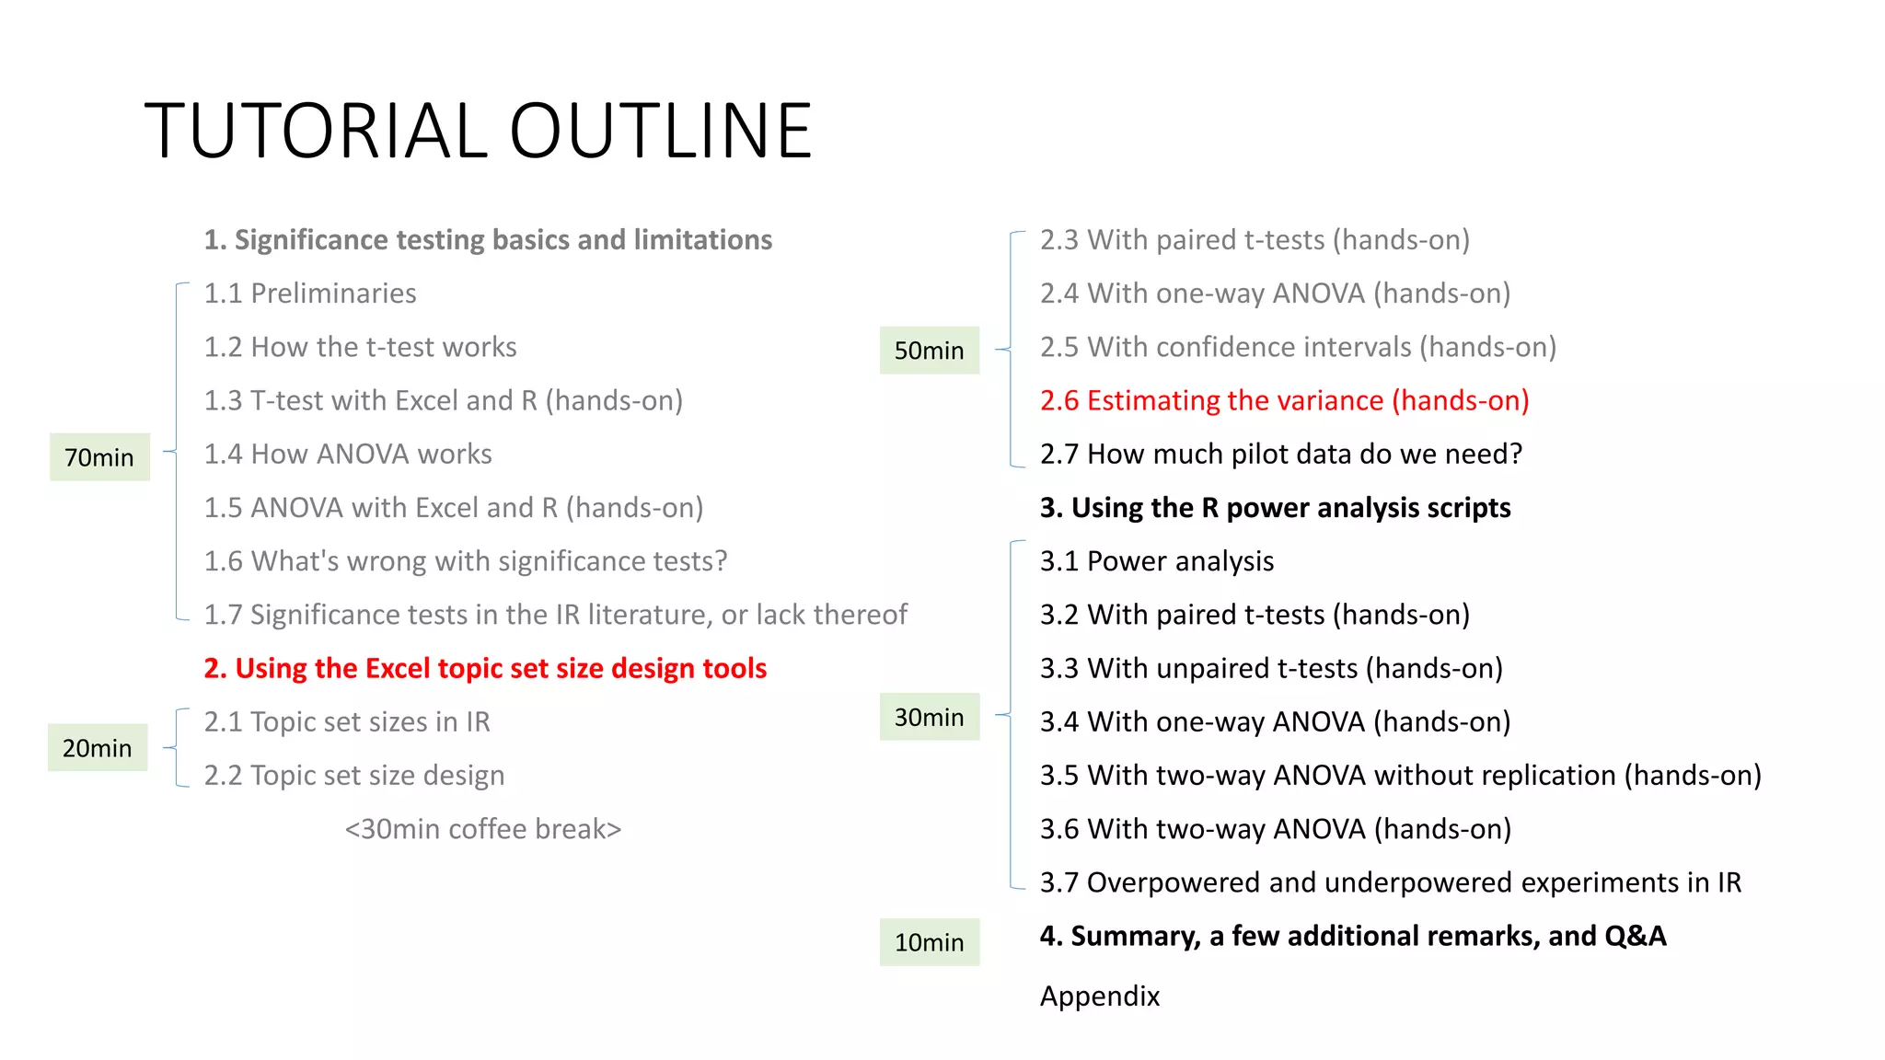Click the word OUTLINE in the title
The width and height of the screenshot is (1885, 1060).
point(660,131)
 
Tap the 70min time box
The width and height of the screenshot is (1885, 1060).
point(99,457)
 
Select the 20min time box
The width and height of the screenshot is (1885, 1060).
point(98,748)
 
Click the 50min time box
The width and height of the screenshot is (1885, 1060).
point(929,351)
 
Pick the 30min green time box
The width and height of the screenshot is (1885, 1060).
point(929,717)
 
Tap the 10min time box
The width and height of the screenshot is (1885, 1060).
point(929,942)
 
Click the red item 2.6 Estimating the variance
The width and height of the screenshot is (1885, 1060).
point(1284,400)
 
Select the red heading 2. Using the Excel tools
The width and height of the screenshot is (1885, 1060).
point(485,668)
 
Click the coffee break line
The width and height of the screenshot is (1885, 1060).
point(483,829)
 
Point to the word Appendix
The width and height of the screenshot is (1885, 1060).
point(1100,996)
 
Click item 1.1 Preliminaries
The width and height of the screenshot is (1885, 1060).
point(310,294)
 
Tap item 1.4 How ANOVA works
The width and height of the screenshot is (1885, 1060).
point(348,454)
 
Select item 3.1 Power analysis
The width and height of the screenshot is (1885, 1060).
point(1157,561)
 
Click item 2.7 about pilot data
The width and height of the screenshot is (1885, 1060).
point(1280,454)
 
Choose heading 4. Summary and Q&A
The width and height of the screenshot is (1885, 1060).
point(1352,936)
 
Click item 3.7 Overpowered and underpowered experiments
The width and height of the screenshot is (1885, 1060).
point(1390,882)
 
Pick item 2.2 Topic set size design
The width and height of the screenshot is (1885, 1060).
point(354,776)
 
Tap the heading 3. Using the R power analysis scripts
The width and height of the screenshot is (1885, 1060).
point(1275,508)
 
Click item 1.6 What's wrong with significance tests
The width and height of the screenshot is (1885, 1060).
point(466,561)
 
